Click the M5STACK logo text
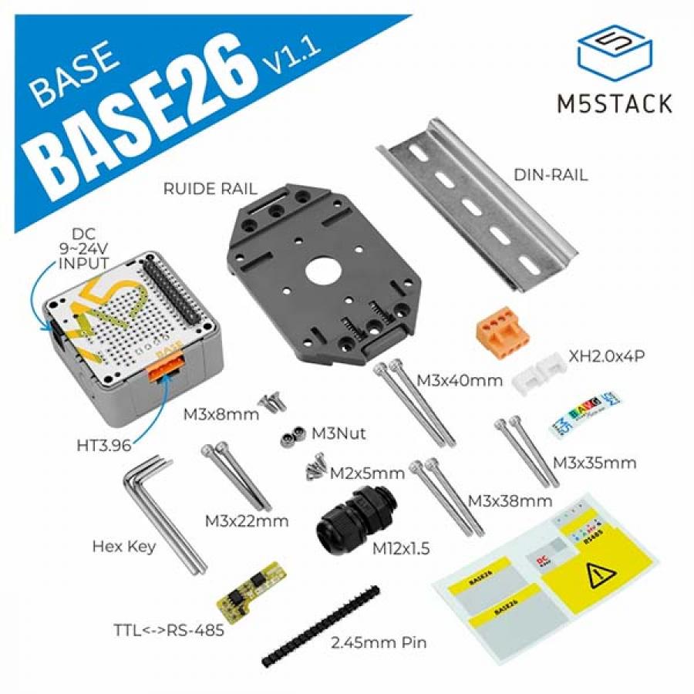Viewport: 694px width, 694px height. click(614, 103)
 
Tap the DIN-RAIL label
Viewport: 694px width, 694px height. click(550, 175)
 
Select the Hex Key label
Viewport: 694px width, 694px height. click(124, 547)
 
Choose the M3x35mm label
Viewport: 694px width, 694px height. click(594, 463)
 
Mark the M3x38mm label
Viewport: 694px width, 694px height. click(510, 501)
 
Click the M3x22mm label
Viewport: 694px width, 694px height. click(247, 520)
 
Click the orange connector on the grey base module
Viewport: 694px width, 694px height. click(165, 369)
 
